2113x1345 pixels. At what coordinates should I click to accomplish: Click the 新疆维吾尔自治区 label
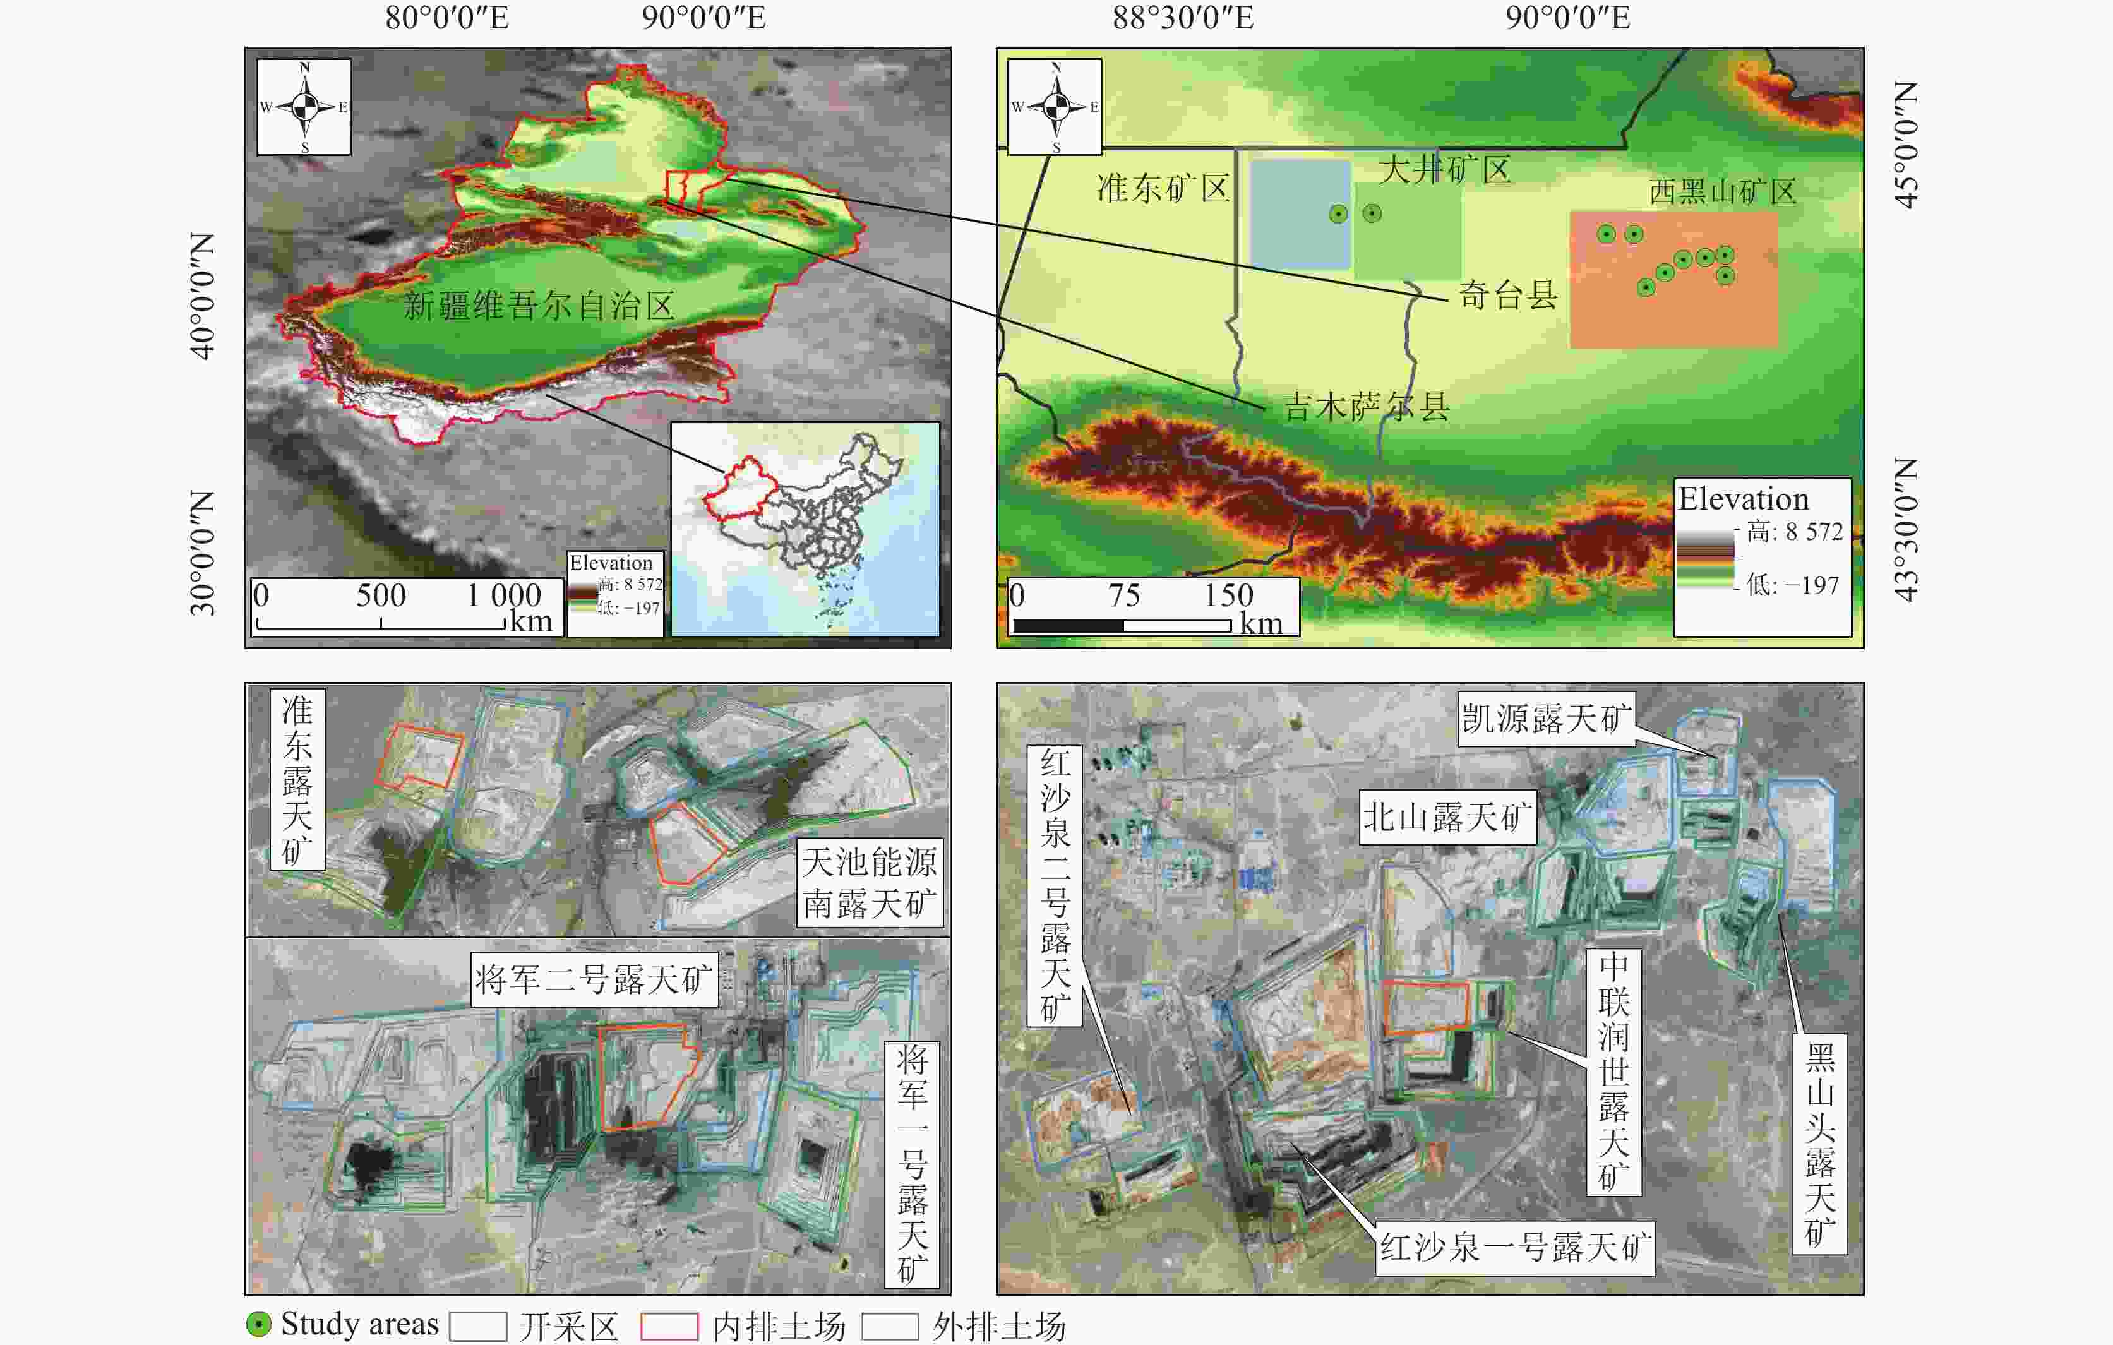coord(538,306)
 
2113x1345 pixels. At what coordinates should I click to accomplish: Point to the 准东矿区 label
coord(1163,188)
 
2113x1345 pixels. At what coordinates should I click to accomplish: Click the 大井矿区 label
coord(1444,169)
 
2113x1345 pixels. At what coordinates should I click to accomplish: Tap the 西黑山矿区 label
coord(1723,191)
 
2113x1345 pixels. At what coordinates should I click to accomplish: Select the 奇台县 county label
coord(1507,295)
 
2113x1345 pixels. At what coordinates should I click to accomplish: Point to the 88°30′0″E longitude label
coord(1183,18)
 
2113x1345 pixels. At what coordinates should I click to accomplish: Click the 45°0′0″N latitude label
coord(1906,145)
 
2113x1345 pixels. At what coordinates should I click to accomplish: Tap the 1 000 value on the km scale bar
coord(504,595)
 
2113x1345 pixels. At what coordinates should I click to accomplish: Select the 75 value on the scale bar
coord(1123,595)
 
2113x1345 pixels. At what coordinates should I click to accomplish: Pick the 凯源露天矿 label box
coord(1546,719)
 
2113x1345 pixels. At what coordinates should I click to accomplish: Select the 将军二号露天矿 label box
coord(594,979)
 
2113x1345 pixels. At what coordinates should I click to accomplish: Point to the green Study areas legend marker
coord(259,1324)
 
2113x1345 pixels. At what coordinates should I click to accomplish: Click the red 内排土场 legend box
coord(669,1325)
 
